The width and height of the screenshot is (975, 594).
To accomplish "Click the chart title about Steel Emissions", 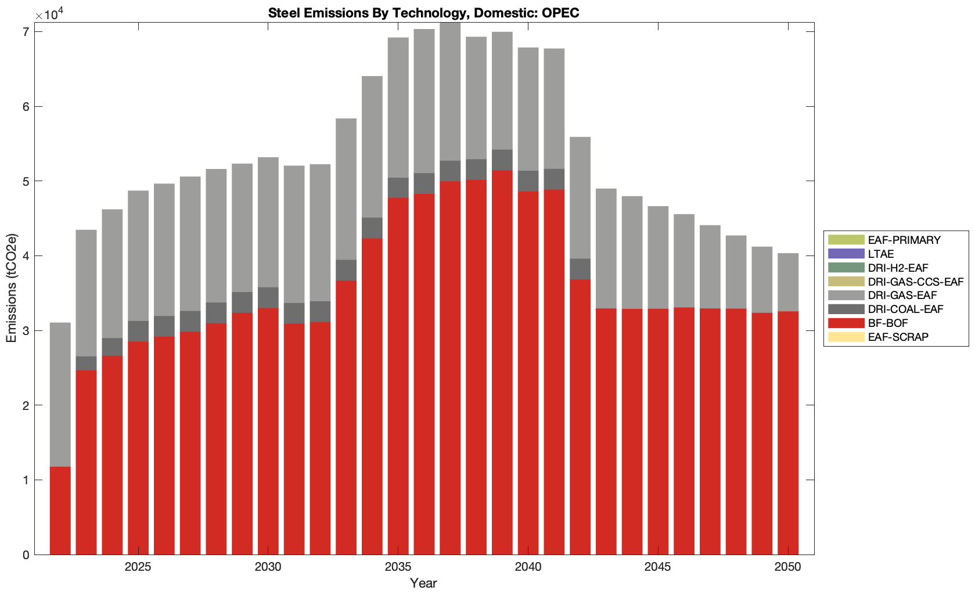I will point(423,13).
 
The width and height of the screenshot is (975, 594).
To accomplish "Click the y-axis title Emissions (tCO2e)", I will point(12,288).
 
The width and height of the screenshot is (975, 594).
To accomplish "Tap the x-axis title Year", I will point(423,583).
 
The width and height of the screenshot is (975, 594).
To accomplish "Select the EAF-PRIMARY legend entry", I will point(904,240).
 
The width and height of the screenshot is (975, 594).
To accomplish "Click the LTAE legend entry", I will point(880,254).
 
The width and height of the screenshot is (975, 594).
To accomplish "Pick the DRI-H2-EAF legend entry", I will point(898,268).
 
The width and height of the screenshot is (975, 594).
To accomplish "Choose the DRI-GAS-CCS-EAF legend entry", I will point(915,282).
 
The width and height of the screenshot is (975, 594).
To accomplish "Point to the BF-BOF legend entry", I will point(887,323).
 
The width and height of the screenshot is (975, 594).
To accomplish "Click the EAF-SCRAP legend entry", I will point(898,337).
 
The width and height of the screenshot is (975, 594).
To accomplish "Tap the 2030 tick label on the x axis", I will point(268,567).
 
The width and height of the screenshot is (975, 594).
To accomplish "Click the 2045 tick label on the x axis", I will point(657,567).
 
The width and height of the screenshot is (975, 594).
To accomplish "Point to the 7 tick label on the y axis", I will point(26,32).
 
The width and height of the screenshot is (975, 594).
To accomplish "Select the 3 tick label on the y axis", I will point(26,331).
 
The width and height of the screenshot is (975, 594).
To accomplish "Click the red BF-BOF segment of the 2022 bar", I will point(60,511).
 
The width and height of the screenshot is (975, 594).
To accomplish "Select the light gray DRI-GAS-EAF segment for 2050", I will point(788,282).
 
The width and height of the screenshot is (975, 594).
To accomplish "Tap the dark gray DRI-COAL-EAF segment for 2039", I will point(502,160).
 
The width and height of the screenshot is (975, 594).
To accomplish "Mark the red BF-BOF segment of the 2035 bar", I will point(398,377).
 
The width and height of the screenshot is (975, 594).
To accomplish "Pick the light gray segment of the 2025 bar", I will point(138,255).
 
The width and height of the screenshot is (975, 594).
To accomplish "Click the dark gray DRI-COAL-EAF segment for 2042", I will point(580,269).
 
